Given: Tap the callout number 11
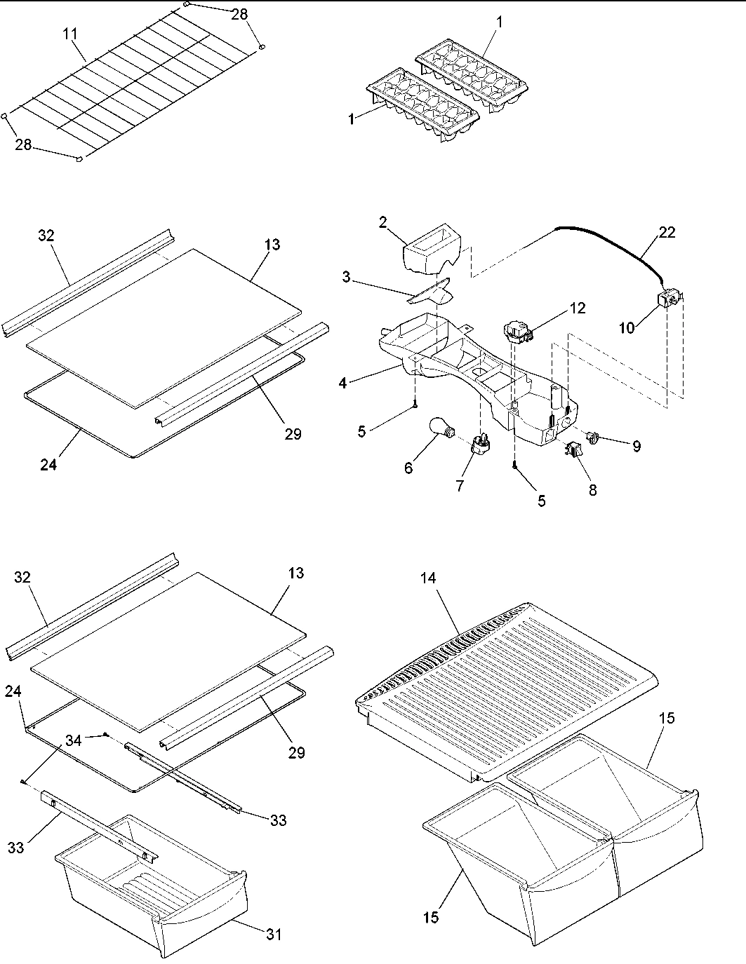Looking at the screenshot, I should click(x=71, y=34).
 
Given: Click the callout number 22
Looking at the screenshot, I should click(x=667, y=232).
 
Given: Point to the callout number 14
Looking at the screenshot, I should click(x=428, y=578).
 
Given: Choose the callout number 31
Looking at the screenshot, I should click(x=274, y=935).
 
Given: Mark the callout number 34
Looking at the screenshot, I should click(x=74, y=740).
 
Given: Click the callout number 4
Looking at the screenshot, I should click(x=342, y=383).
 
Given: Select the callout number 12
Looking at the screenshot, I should click(x=577, y=307).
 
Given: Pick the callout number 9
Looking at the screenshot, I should click(x=636, y=446).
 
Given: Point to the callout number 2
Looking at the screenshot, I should click(x=383, y=222).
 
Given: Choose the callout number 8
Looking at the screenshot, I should click(x=592, y=490).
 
